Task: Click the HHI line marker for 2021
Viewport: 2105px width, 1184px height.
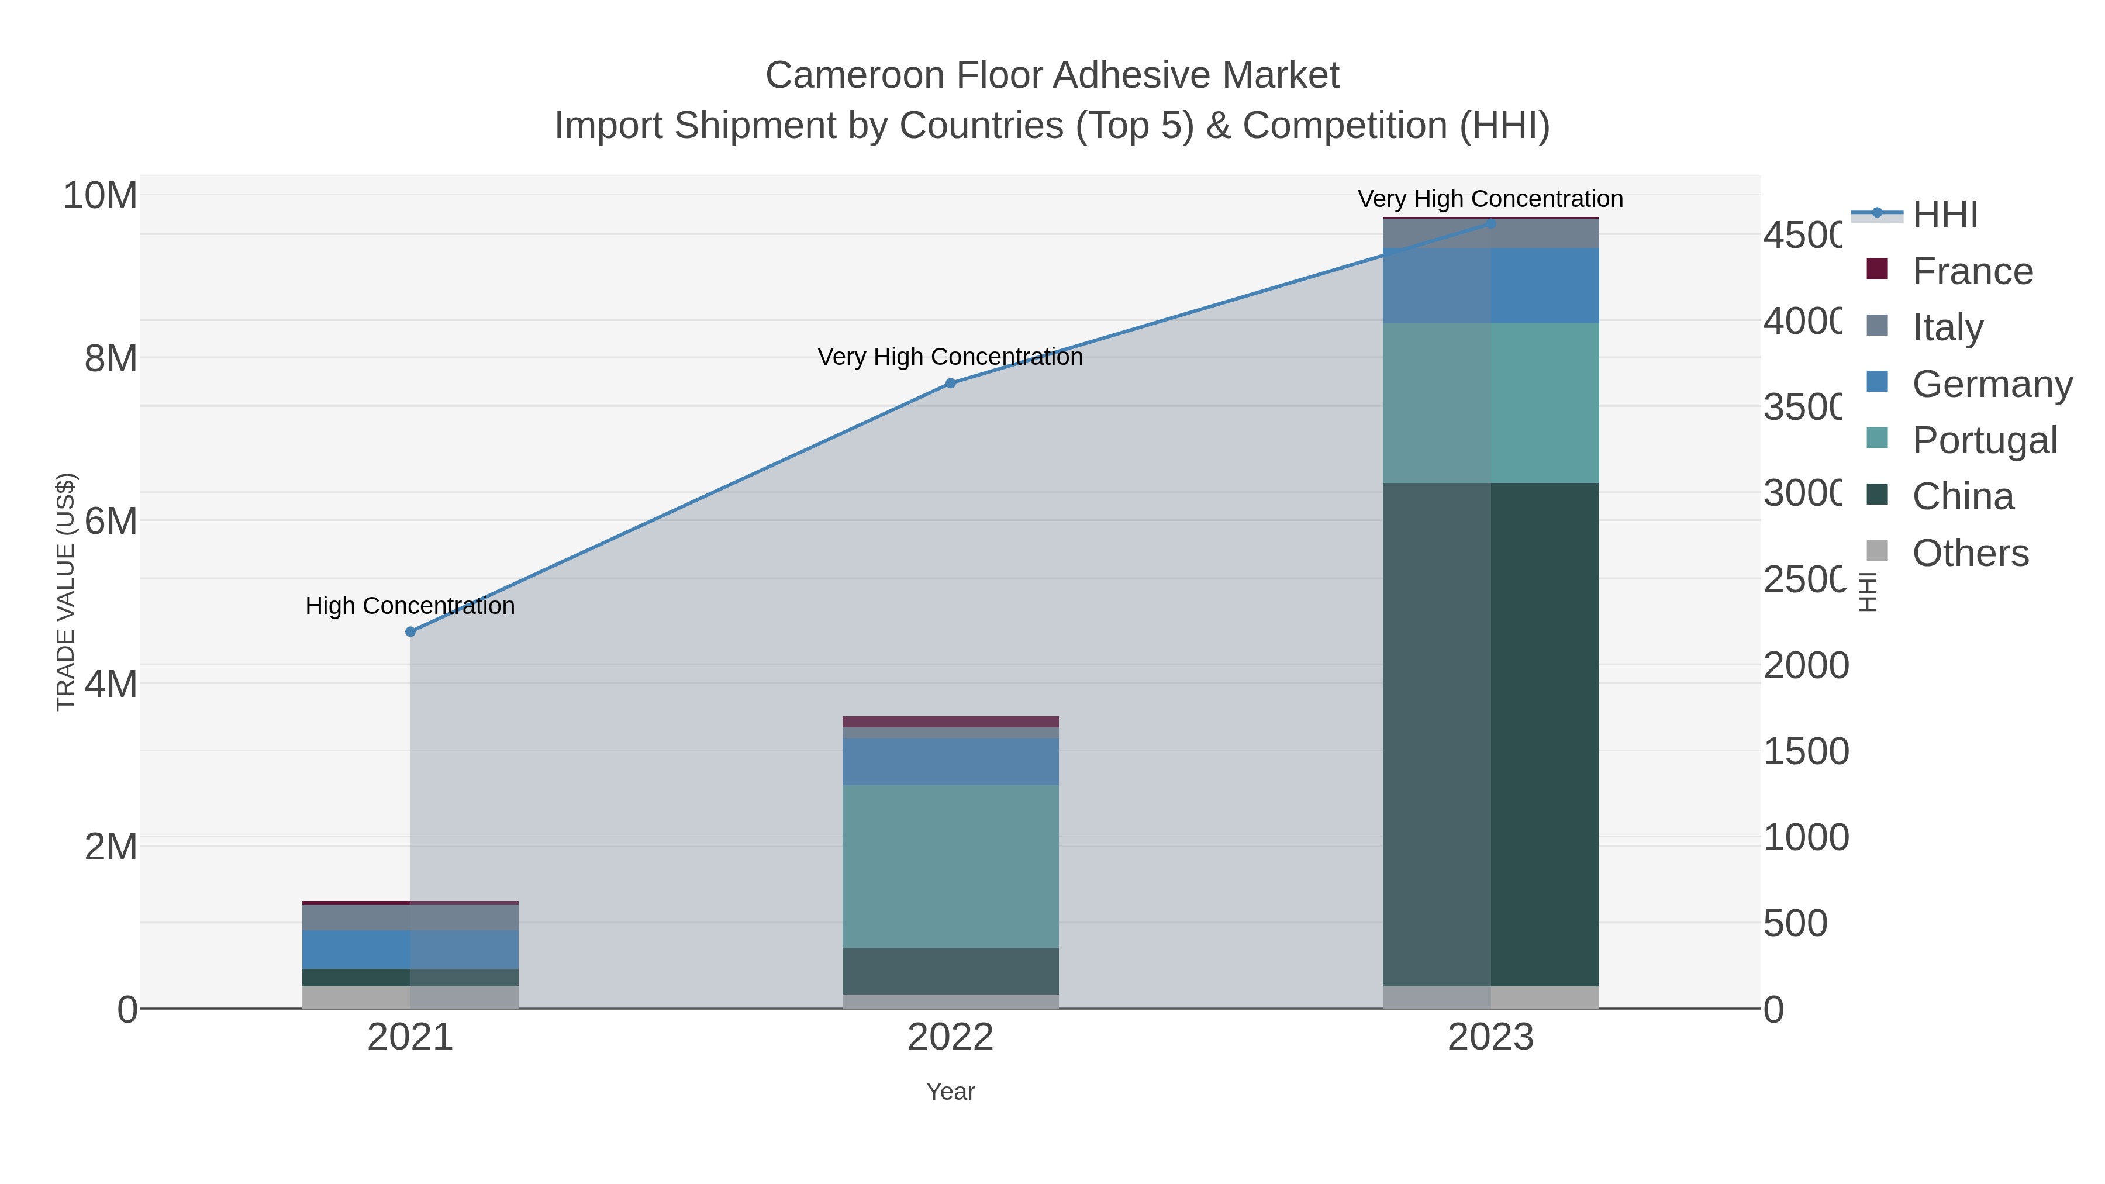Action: click(410, 631)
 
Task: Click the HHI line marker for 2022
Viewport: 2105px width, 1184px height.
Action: click(950, 383)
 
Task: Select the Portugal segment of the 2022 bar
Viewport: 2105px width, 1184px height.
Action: click(950, 866)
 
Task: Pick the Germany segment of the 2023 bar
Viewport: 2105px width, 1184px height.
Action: click(1490, 285)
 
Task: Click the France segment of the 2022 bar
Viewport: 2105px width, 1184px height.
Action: click(950, 722)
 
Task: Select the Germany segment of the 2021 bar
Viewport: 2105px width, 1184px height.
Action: click(410, 950)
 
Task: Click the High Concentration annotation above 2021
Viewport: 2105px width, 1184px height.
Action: click(410, 606)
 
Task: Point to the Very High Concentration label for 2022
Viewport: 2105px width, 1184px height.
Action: click(950, 357)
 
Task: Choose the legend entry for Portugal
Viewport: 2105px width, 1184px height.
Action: click(1983, 440)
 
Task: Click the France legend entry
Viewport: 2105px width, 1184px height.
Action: click(1972, 271)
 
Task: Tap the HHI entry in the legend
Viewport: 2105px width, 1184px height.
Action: click(1944, 215)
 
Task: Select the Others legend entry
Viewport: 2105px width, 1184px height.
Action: click(1969, 553)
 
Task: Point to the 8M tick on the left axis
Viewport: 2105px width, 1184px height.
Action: click(111, 358)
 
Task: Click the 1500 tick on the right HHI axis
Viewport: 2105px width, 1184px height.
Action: click(1805, 752)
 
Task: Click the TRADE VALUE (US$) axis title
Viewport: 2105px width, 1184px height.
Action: click(65, 592)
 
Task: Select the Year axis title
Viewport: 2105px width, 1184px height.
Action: click(950, 1092)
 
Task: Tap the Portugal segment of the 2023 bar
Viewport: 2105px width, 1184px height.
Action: click(1490, 403)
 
